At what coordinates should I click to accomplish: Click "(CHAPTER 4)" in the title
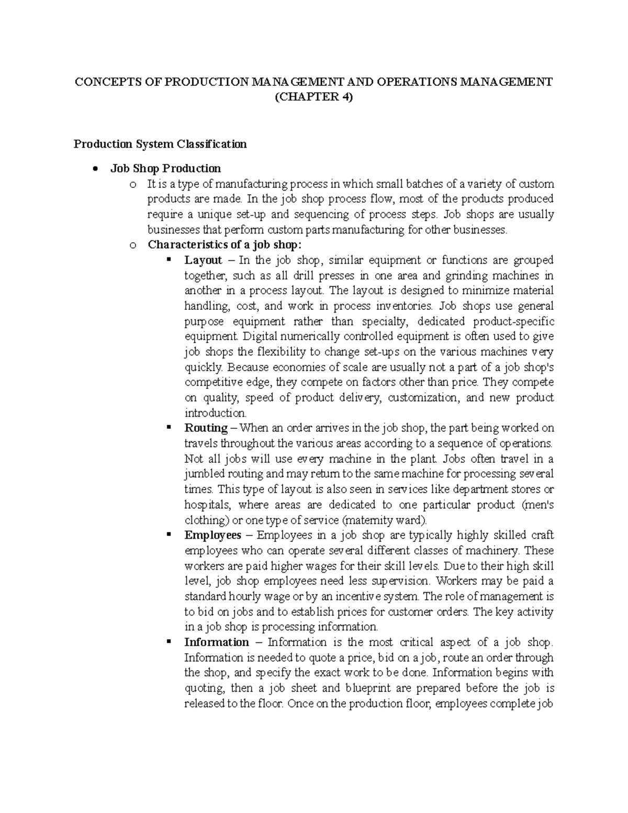coord(314,97)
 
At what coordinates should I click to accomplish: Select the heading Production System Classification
coord(160,144)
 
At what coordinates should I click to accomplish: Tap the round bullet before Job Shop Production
coord(95,169)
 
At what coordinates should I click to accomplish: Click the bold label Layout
coord(203,260)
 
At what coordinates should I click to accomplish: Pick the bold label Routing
coord(206,428)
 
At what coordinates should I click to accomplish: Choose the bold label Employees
coord(212,536)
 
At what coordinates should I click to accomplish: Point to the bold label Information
coord(216,642)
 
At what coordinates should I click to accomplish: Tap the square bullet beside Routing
coord(169,428)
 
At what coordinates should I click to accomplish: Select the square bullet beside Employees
coord(169,535)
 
